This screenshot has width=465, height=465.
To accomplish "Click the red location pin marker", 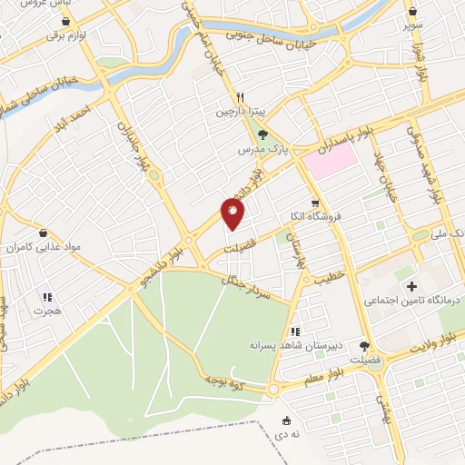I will (233, 214).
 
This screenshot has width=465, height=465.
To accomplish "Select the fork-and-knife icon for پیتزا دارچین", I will (241, 97).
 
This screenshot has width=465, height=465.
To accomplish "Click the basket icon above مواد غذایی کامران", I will (43, 232).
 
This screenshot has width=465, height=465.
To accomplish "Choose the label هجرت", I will (47, 311).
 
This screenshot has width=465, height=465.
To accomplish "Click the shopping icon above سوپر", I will (414, 12).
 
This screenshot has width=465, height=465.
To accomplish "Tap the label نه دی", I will (287, 436).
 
